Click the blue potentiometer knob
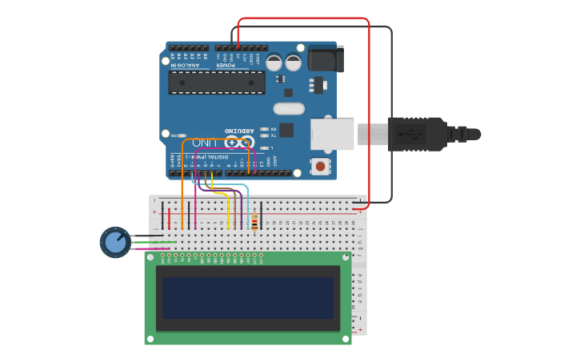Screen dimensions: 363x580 coord(116,241)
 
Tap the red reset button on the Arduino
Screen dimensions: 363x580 coord(321,167)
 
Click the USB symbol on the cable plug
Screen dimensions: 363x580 coord(414,134)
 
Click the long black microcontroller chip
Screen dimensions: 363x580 coord(216,82)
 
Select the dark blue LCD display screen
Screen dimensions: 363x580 coord(247,297)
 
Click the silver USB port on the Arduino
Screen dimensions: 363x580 coord(332,134)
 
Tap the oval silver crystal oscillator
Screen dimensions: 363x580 coord(289,109)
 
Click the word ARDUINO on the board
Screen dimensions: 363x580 coord(239,130)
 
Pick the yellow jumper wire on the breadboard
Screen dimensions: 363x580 coord(228,212)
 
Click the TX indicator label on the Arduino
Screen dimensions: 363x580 coord(273,135)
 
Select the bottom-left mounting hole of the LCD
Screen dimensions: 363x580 coord(150,339)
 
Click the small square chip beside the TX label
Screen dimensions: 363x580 coord(286,130)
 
